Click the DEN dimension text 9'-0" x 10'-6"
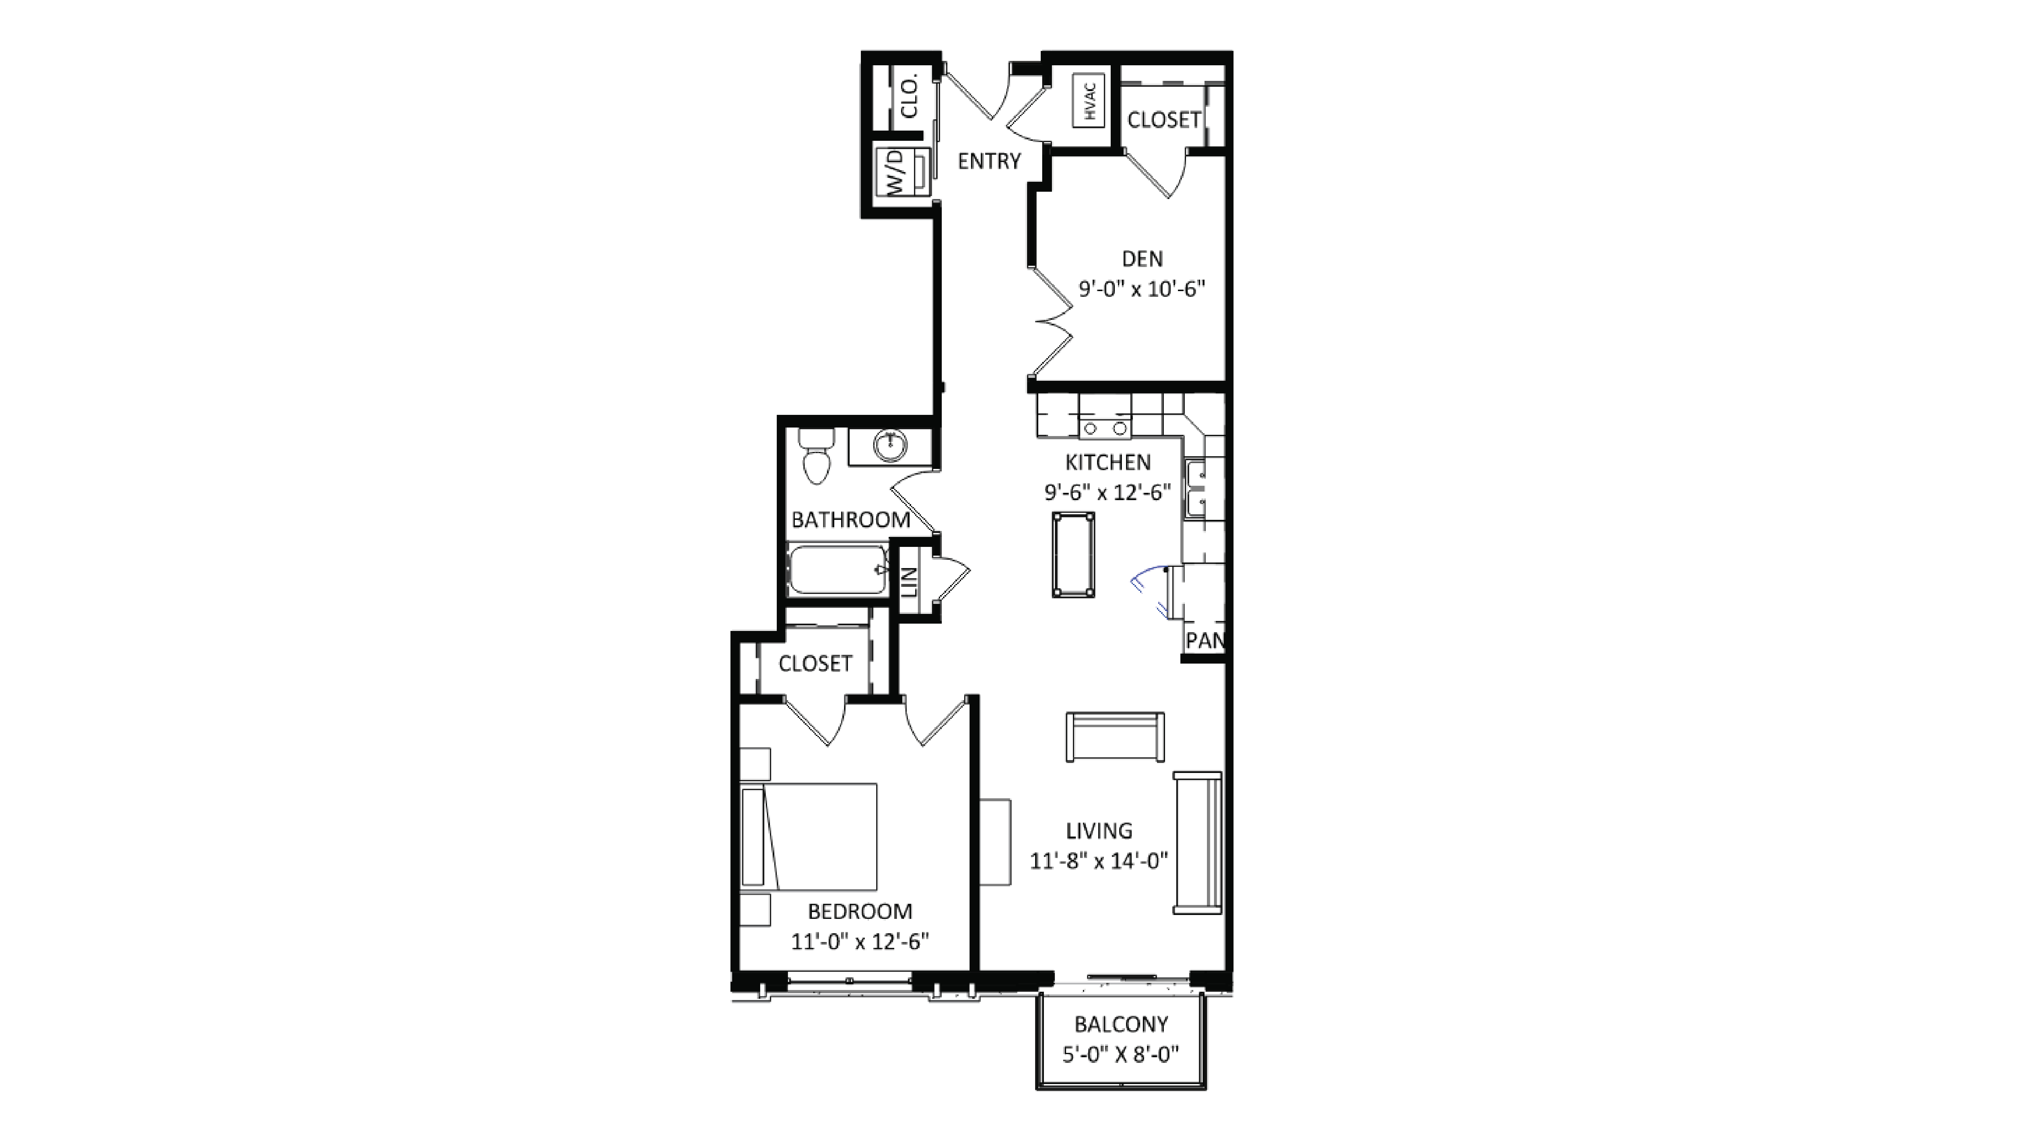(1142, 289)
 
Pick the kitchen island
(1073, 554)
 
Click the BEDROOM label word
(859, 911)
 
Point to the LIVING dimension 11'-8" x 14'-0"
(1098, 861)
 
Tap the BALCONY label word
(1120, 1025)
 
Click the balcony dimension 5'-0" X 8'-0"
(1120, 1055)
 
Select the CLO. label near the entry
(910, 96)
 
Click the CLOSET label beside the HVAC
(1163, 120)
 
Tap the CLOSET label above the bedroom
(815, 664)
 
